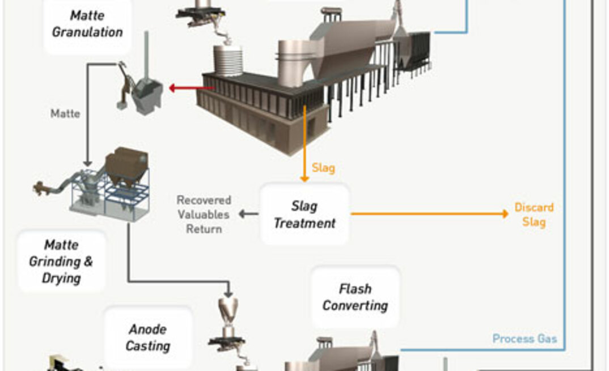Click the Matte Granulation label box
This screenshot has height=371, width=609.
87,24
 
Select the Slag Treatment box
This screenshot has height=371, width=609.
304,214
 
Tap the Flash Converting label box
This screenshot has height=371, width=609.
355,297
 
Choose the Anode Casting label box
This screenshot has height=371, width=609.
147,337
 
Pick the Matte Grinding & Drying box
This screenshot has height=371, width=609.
62,262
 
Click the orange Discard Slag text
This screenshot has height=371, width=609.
534,214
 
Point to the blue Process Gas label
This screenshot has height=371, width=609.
524,339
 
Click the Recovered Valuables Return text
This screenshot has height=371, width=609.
204,214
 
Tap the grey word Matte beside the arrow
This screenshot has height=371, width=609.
65,114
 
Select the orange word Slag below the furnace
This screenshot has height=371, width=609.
323,168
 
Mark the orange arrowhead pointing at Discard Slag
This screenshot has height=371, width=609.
504,214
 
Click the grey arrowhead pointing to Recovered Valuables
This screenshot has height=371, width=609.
242,214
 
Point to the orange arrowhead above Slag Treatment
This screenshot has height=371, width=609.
304,179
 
